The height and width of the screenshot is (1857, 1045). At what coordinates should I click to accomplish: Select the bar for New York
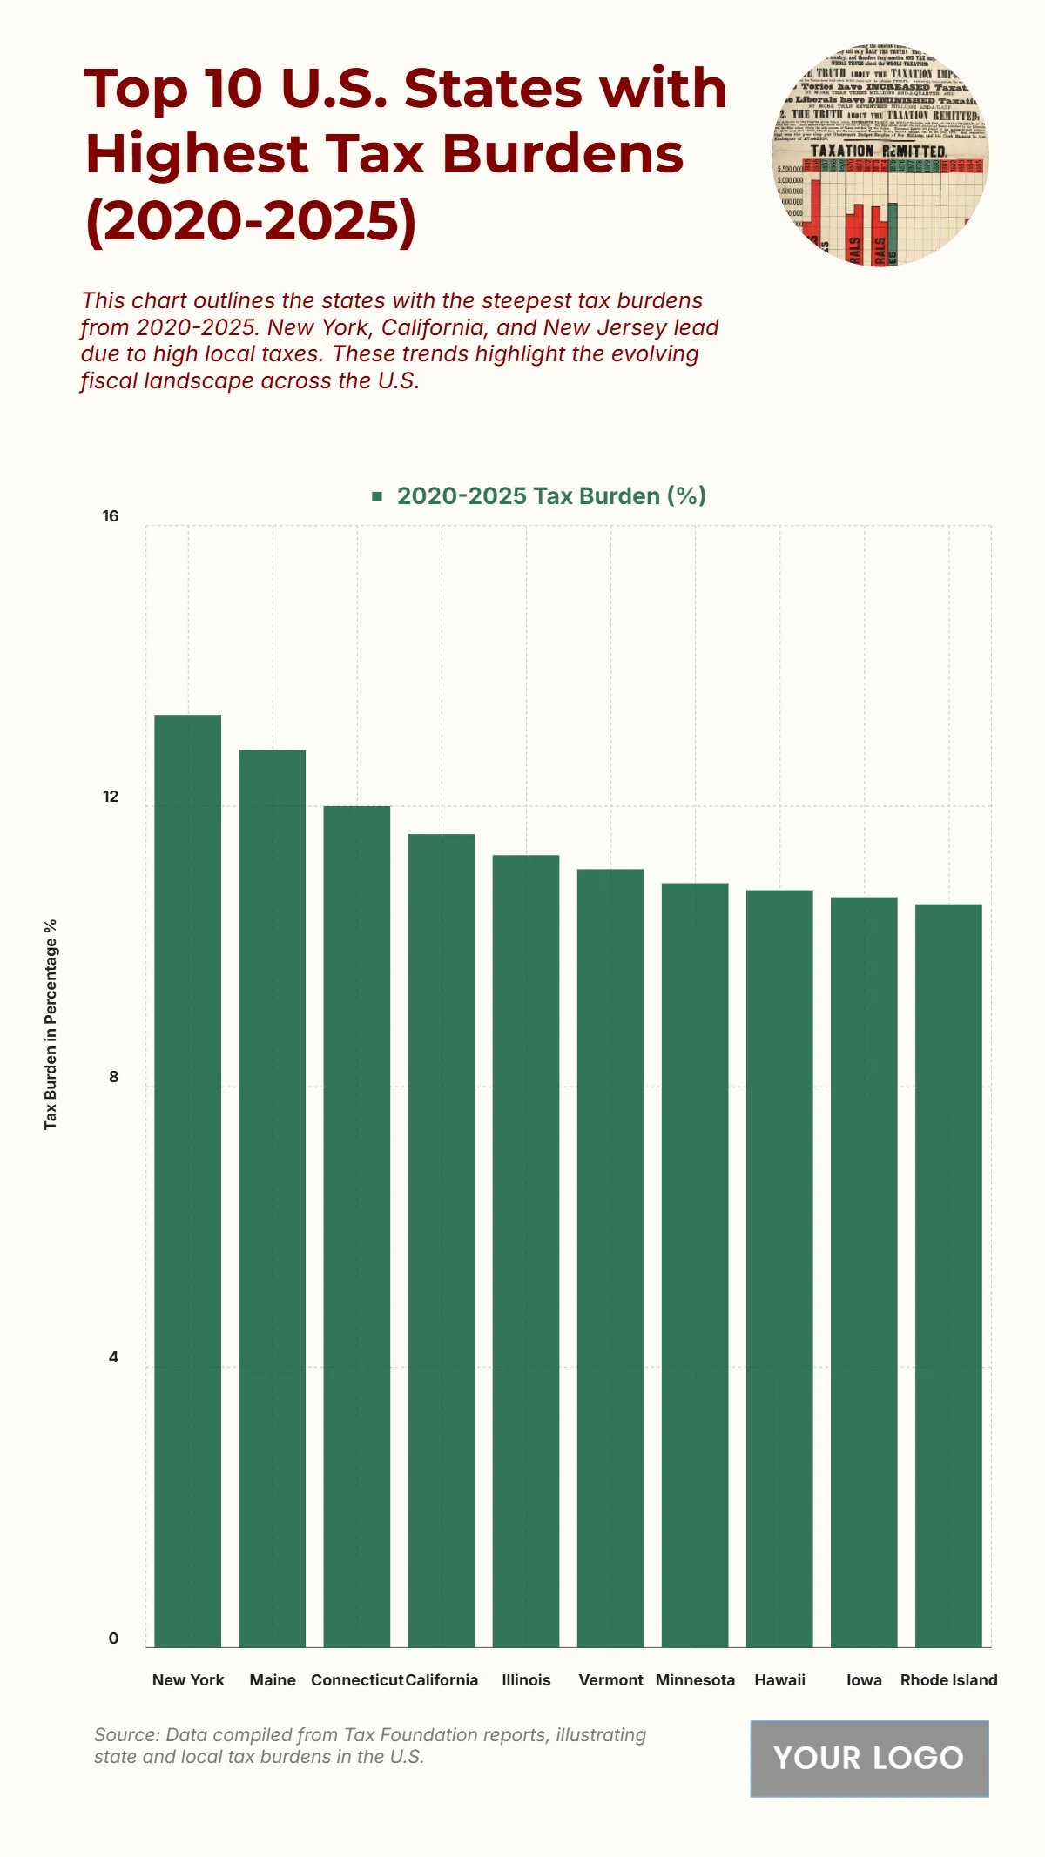(x=187, y=1180)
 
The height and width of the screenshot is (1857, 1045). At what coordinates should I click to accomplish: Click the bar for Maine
(x=272, y=1197)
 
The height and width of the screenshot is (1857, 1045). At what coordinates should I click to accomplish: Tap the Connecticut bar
(x=356, y=1226)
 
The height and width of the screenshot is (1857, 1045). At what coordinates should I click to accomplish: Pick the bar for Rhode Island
(x=948, y=1275)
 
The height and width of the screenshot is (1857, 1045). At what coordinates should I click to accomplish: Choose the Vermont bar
(x=610, y=1257)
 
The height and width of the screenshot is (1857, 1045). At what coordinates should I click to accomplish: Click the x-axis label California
(x=442, y=1679)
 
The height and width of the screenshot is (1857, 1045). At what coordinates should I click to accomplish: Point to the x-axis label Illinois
(x=526, y=1679)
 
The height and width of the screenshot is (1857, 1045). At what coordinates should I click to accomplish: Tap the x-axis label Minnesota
(x=695, y=1679)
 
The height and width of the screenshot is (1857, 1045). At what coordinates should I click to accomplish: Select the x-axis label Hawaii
(x=779, y=1679)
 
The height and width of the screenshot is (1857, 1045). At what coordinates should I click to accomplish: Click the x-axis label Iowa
(x=864, y=1679)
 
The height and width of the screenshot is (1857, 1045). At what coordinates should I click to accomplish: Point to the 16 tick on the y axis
(x=110, y=516)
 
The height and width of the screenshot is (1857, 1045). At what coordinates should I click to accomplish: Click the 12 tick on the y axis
(x=110, y=797)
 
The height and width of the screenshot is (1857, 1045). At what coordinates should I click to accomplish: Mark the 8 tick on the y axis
(x=113, y=1077)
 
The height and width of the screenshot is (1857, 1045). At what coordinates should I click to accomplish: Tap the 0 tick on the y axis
(x=113, y=1638)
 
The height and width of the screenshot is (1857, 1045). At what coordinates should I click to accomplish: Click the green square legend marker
(x=377, y=496)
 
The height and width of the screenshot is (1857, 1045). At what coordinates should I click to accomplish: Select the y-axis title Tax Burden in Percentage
(x=51, y=1024)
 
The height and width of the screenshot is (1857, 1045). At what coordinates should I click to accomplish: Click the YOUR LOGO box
(x=869, y=1758)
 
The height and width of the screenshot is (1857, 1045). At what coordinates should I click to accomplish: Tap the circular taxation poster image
(x=880, y=157)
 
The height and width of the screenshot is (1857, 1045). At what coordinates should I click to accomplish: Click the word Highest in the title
(x=196, y=154)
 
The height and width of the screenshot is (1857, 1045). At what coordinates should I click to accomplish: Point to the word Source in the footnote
(x=127, y=1734)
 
